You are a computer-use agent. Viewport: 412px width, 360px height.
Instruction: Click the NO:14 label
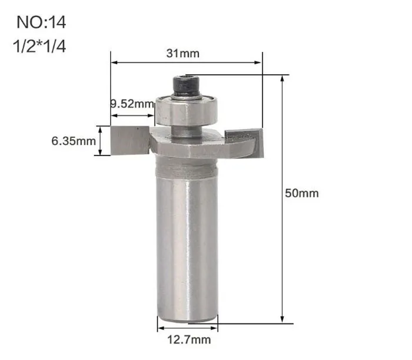[41, 22]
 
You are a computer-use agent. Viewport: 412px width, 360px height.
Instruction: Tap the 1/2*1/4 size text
[39, 46]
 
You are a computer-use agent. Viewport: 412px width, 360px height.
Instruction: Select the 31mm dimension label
[183, 54]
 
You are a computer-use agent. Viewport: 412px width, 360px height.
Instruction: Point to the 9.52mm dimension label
[132, 104]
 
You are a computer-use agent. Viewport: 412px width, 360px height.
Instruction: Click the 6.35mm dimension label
[74, 141]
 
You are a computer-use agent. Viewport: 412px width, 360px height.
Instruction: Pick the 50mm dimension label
[302, 193]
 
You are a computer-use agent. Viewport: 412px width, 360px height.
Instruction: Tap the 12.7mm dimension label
[189, 339]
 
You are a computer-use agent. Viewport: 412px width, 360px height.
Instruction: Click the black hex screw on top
[187, 87]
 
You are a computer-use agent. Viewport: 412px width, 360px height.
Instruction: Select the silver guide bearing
[187, 111]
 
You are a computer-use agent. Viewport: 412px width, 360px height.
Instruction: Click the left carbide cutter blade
[130, 140]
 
